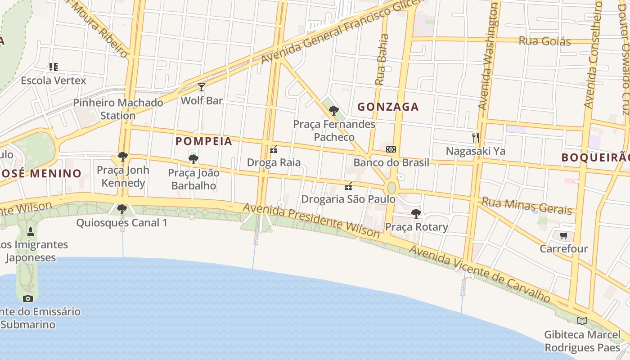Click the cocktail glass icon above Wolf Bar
[x=202, y=87]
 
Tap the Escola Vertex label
[x=53, y=81]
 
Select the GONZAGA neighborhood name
[x=387, y=107]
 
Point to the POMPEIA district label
[x=204, y=141]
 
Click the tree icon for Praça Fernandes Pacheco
[x=333, y=111]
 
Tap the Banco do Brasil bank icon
[x=391, y=149]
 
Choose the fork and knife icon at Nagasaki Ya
[x=475, y=137]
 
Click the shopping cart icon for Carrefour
[x=564, y=235]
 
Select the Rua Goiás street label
[x=544, y=41]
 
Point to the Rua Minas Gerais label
[x=526, y=206]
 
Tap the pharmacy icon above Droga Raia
[x=274, y=150]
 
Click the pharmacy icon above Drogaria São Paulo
[x=348, y=186]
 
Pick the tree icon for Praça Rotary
[x=416, y=214]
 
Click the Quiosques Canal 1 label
[x=121, y=222]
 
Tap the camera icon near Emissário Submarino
[x=28, y=298]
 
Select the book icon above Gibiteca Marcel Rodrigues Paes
[x=582, y=321]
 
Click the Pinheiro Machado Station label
[x=118, y=109]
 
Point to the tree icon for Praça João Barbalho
[x=193, y=159]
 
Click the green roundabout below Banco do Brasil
[x=391, y=188]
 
